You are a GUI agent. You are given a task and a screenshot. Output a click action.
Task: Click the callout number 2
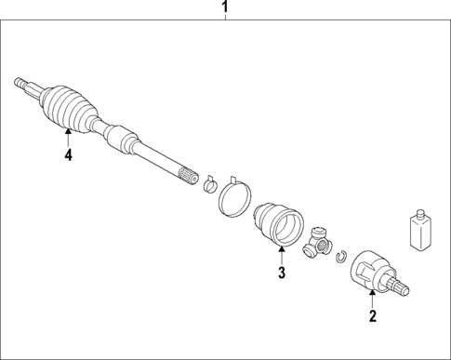pyautogui.click(x=372, y=316)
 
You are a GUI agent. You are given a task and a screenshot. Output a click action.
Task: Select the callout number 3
pyautogui.click(x=280, y=273)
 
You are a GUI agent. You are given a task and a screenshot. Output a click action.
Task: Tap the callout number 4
pyautogui.click(x=68, y=155)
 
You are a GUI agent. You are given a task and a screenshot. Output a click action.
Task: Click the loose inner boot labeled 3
pyautogui.click(x=280, y=223)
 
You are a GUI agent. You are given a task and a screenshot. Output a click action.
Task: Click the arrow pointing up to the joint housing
pyautogui.click(x=372, y=298)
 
